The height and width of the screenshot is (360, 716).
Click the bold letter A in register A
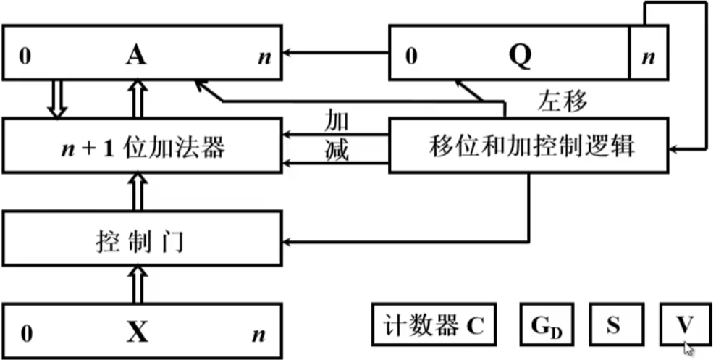(136, 56)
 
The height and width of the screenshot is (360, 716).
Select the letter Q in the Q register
(521, 56)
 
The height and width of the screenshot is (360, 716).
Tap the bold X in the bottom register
(138, 332)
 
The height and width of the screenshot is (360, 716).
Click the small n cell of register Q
(649, 53)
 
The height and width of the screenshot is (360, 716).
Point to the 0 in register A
(25, 58)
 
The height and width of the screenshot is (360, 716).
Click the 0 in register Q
(411, 57)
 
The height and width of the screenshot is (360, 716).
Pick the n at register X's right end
(259, 336)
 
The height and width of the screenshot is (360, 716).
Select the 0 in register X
(27, 335)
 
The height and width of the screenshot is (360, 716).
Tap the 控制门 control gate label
(140, 241)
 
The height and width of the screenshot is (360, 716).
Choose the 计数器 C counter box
(434, 325)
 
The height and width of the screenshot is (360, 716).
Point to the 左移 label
(562, 101)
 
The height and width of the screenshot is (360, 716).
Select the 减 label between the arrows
(336, 151)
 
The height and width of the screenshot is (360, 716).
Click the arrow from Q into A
(336, 53)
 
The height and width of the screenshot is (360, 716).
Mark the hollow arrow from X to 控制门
(139, 284)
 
